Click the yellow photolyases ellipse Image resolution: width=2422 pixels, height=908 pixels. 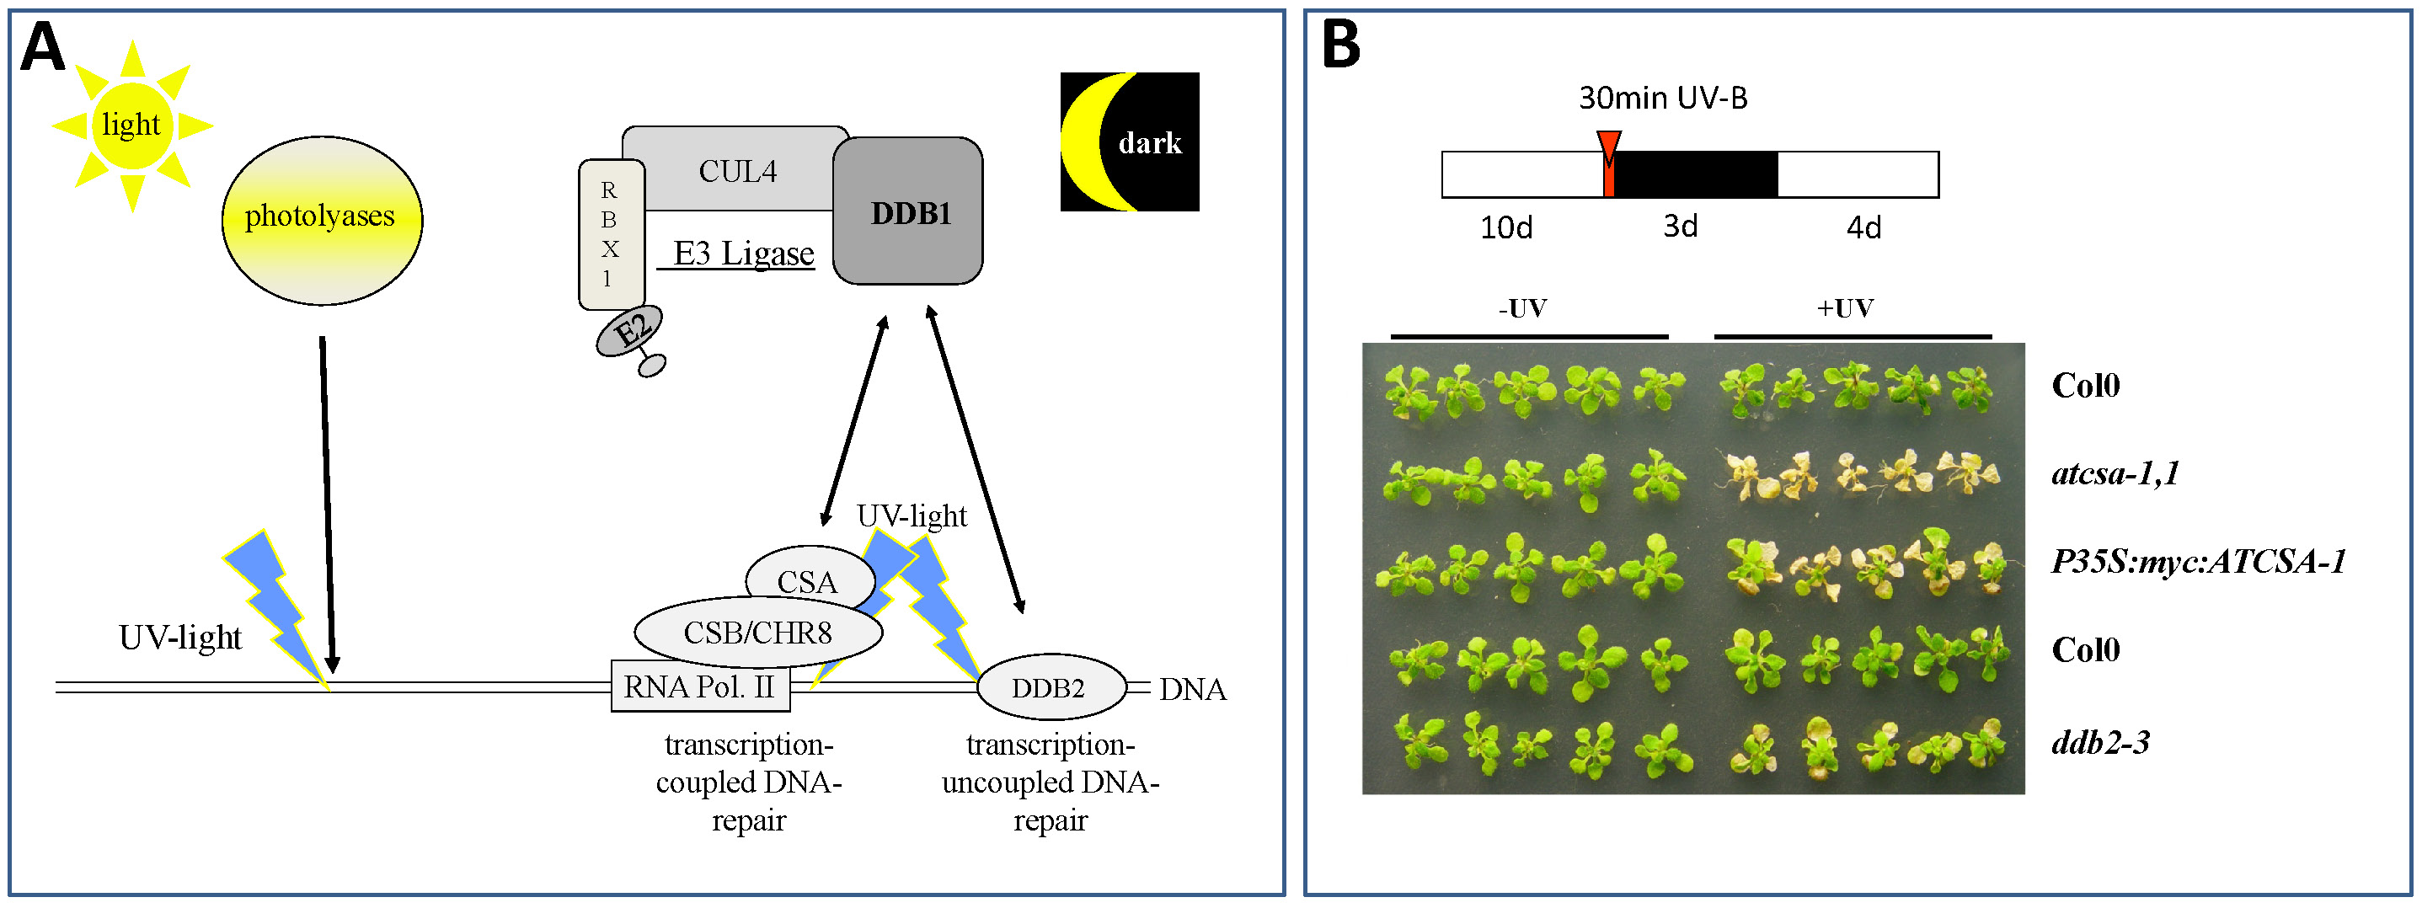322,220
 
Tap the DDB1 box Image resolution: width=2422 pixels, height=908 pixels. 908,212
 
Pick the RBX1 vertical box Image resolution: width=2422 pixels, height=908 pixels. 611,235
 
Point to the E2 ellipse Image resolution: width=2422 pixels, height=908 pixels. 630,332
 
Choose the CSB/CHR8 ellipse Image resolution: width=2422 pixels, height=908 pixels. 758,633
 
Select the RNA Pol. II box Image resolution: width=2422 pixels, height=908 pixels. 699,687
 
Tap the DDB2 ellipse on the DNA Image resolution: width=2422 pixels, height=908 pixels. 1051,688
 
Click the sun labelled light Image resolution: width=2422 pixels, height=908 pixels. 132,125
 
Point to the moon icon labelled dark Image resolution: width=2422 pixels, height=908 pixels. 1129,142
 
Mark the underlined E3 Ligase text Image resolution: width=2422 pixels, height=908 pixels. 742,254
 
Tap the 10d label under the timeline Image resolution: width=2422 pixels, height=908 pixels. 1506,227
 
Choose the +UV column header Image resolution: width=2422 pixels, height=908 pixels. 1845,308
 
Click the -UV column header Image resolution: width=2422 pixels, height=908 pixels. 1522,308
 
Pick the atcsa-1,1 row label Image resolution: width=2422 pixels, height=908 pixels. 2115,473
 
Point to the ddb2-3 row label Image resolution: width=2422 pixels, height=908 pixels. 2100,743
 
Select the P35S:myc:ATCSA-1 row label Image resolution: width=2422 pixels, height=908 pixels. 2198,562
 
